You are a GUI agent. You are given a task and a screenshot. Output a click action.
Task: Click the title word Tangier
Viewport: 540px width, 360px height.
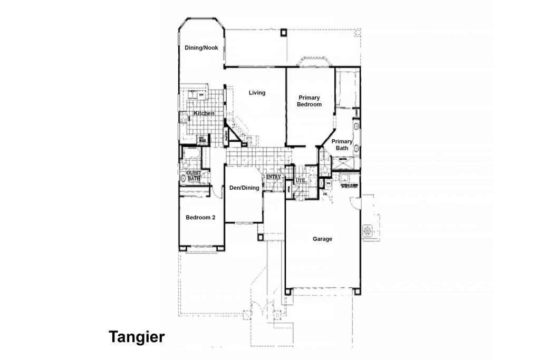click(137, 337)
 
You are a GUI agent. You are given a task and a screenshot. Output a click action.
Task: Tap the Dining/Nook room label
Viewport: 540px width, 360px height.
click(201, 48)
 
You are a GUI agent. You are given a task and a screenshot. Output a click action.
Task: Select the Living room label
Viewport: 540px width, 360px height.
click(257, 93)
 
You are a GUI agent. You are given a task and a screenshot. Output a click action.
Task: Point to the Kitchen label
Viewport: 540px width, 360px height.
click(204, 113)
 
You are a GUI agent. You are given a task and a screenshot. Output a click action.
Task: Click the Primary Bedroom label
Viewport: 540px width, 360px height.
click(309, 101)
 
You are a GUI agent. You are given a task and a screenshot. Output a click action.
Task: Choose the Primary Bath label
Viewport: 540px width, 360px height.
click(342, 144)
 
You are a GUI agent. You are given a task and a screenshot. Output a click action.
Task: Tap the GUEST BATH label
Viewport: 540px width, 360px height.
click(194, 176)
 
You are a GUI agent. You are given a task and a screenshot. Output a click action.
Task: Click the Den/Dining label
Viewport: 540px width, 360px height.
click(244, 188)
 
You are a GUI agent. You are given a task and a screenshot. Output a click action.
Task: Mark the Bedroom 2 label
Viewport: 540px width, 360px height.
click(200, 217)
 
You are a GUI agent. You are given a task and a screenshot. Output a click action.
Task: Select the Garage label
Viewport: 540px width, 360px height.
click(322, 239)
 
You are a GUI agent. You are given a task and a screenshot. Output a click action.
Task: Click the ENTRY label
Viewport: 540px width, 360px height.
click(273, 177)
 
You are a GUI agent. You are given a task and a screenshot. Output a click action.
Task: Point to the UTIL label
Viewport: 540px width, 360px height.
click(301, 181)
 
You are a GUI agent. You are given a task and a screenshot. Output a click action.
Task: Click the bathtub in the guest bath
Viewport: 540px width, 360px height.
click(190, 155)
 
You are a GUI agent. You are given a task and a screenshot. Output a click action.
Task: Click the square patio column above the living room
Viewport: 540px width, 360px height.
click(284, 32)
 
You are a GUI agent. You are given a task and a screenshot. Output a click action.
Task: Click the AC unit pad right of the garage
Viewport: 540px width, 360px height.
click(368, 230)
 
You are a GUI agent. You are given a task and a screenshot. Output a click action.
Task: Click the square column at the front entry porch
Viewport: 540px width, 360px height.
click(261, 237)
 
